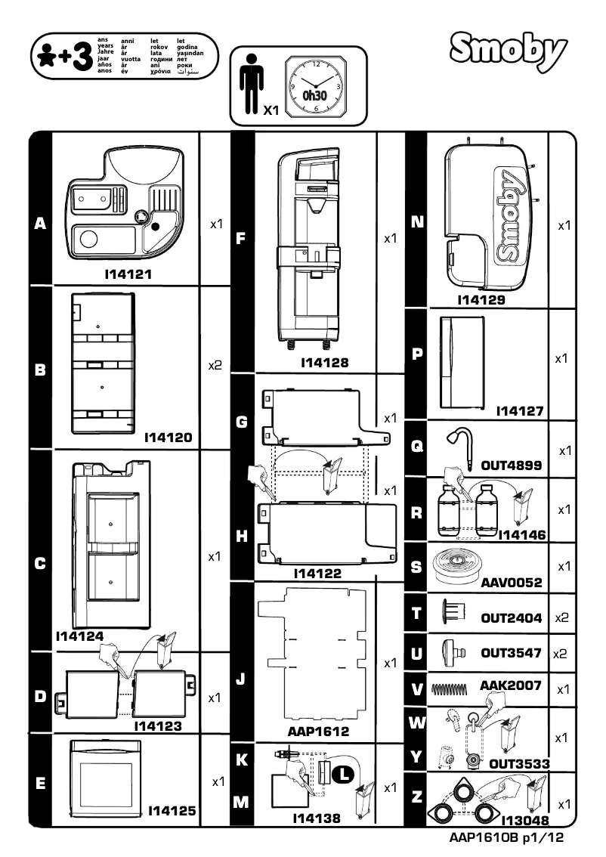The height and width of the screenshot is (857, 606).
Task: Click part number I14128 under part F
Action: pyautogui.click(x=325, y=363)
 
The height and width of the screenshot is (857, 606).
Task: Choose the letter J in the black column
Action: pyautogui.click(x=240, y=678)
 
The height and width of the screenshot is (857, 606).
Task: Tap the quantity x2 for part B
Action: pyautogui.click(x=215, y=365)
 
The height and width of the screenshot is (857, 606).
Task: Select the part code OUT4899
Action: pyautogui.click(x=512, y=466)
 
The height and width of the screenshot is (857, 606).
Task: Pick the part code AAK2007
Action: pyautogui.click(x=511, y=685)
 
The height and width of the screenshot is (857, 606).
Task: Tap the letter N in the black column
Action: pyautogui.click(x=416, y=222)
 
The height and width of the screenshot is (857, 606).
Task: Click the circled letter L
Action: pyautogui.click(x=344, y=772)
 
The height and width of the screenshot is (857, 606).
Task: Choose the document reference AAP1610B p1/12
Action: pyautogui.click(x=506, y=837)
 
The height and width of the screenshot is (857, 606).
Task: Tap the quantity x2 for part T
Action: pyautogui.click(x=561, y=617)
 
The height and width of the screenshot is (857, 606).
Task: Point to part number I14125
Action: pyautogui.click(x=172, y=811)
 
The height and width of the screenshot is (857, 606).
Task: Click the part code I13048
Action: pyautogui.click(x=524, y=819)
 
